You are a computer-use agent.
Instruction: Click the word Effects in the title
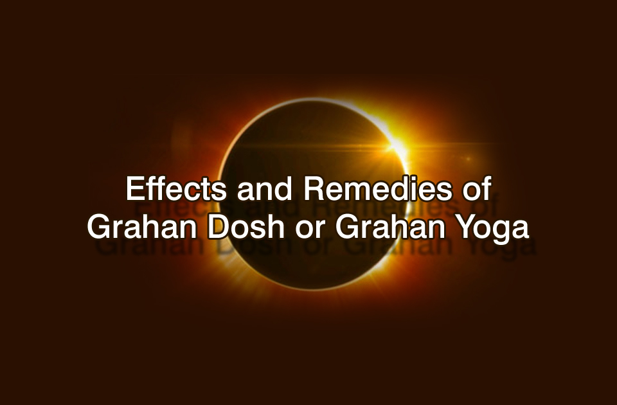[176, 189]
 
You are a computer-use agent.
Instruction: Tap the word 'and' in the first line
[264, 189]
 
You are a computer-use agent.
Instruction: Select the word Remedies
[378, 189]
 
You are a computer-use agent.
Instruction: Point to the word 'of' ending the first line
[478, 189]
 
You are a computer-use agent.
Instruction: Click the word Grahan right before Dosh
[142, 227]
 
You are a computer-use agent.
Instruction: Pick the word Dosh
[246, 227]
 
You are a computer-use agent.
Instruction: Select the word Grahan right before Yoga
[390, 227]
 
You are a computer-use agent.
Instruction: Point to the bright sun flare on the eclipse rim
[395, 146]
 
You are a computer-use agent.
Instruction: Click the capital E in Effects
[135, 189]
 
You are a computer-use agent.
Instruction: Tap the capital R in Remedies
[314, 189]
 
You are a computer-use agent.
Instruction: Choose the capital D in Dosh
[219, 227]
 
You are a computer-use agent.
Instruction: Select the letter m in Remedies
[357, 192]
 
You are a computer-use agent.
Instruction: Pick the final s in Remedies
[444, 192]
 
